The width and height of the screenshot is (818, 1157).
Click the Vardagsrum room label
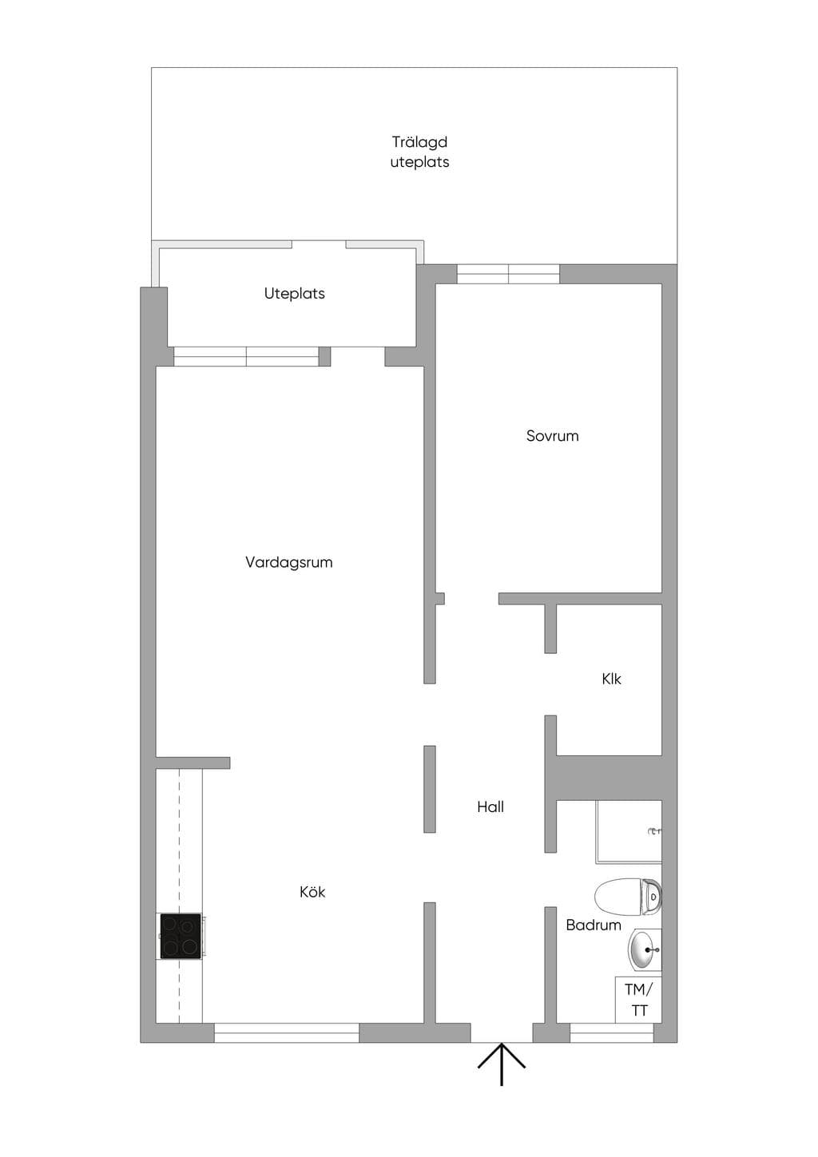[x=289, y=562]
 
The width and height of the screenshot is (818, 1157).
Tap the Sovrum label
[x=553, y=436]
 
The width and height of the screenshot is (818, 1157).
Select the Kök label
[x=312, y=892]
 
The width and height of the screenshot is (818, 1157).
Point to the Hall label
[x=490, y=806]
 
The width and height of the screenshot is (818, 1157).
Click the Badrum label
[x=594, y=925]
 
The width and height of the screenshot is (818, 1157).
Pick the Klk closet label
[x=611, y=679]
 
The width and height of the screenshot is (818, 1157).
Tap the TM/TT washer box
[x=639, y=1000]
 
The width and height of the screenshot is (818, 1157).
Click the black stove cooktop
[x=181, y=937]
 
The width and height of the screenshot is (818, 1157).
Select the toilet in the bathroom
[x=628, y=896]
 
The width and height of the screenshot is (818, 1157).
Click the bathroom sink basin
[x=645, y=949]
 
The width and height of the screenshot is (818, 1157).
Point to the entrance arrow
[x=501, y=1064]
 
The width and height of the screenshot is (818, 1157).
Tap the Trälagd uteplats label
[x=419, y=152]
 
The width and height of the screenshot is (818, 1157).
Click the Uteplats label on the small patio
[x=295, y=294]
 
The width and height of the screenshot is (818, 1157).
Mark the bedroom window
[x=508, y=274]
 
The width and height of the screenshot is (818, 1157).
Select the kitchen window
[x=287, y=1032]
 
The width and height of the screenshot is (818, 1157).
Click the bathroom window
[x=612, y=1032]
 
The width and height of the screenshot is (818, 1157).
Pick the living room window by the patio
[x=246, y=356]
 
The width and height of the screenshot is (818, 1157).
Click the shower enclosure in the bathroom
[x=629, y=831]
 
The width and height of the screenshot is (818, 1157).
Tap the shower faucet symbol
[x=655, y=831]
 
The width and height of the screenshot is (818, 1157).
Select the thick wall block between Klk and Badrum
[x=604, y=778]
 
